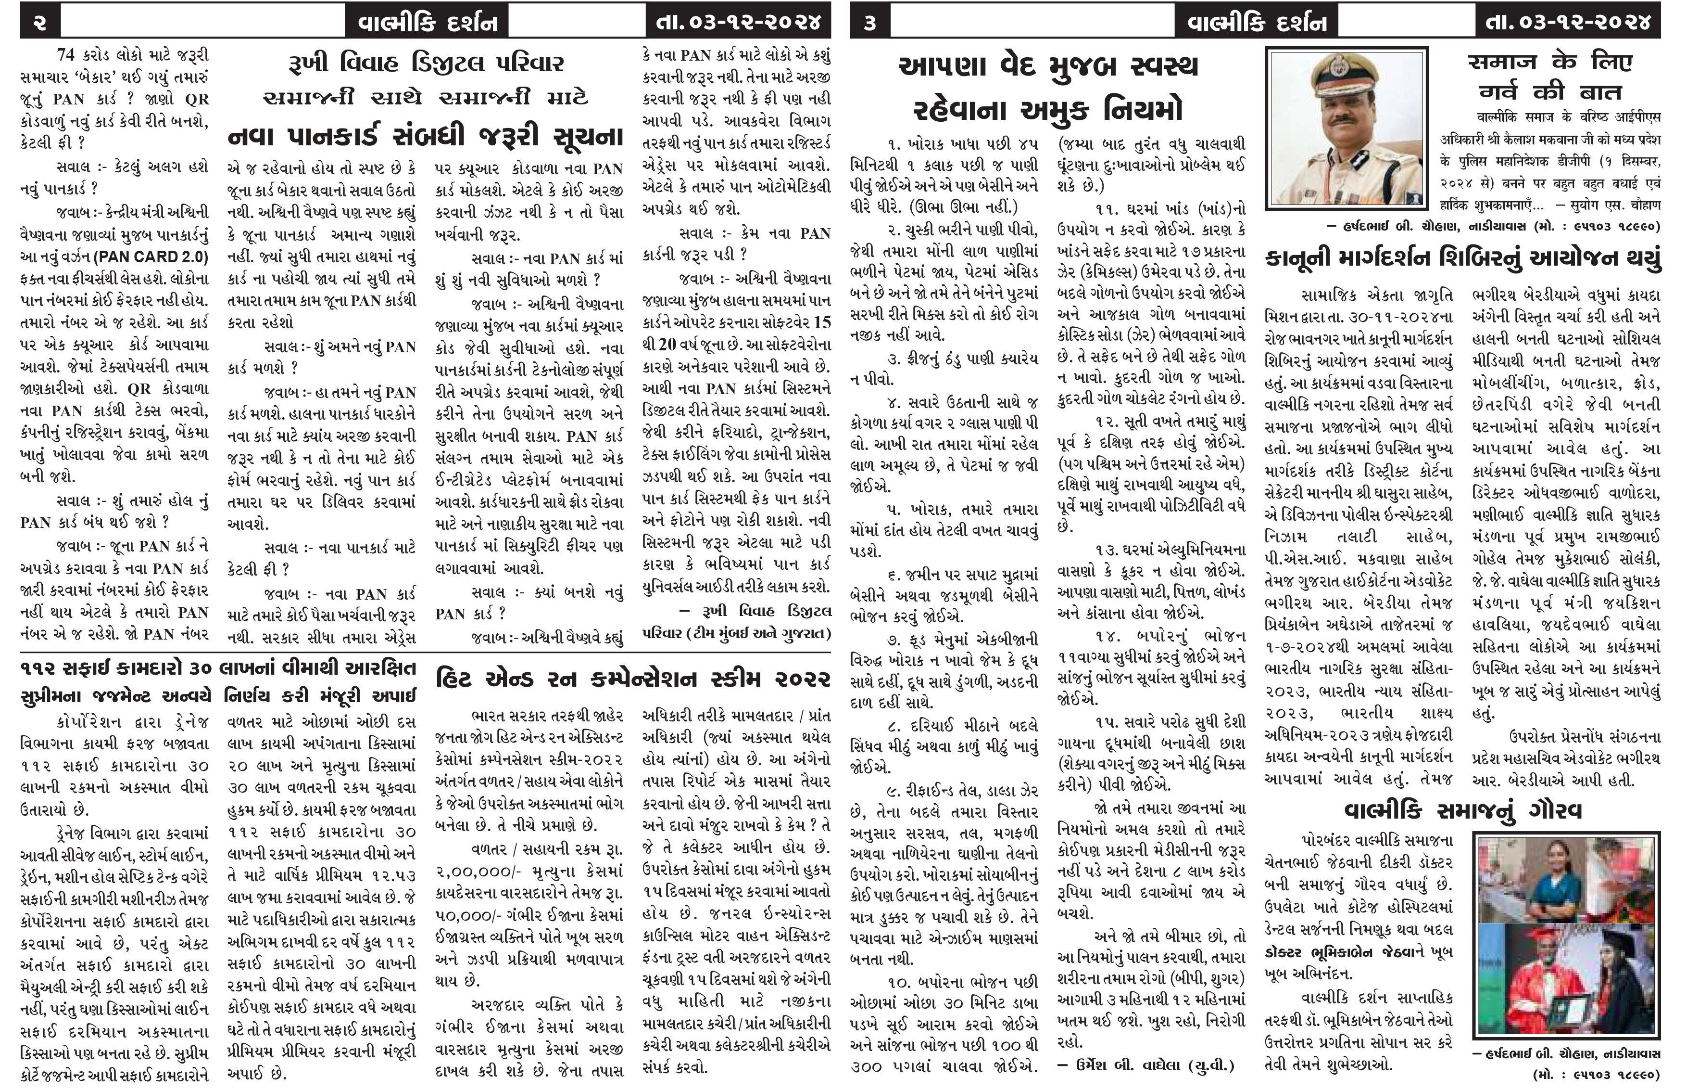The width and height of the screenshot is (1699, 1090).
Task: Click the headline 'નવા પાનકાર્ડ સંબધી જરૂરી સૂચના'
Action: coord(426,135)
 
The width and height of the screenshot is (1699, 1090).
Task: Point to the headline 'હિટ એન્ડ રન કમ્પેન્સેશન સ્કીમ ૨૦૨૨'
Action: coord(633,680)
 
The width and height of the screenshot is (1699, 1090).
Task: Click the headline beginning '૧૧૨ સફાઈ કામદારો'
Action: coord(218,669)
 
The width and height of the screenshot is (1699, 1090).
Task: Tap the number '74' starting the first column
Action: coord(69,54)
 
